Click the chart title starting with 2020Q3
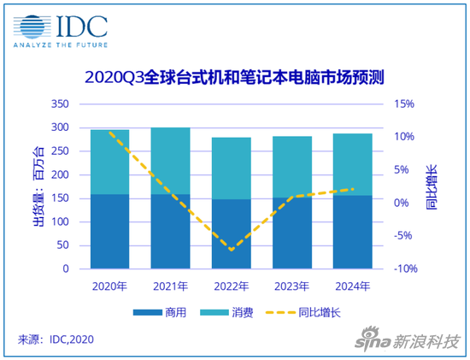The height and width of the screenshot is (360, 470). (235, 78)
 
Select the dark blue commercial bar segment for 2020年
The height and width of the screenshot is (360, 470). (109, 231)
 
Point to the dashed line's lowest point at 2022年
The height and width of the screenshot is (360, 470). (231, 251)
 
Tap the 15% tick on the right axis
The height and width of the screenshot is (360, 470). (403, 104)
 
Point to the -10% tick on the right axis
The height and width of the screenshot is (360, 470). (403, 269)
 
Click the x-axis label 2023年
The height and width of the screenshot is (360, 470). (291, 285)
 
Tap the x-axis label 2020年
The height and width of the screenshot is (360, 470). (109, 285)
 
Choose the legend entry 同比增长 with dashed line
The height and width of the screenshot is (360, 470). (299, 313)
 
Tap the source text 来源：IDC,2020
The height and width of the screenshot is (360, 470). (56, 340)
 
